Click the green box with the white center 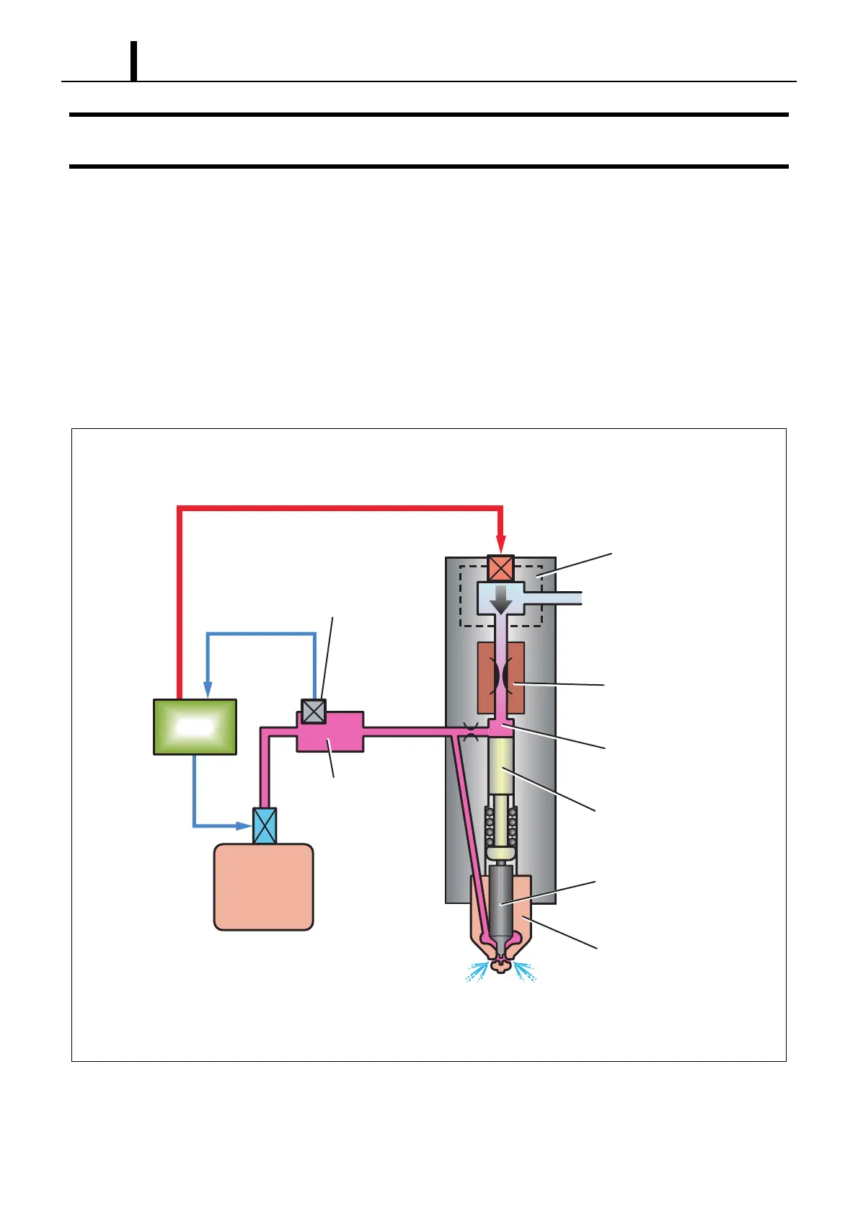click(x=195, y=727)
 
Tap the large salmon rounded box click(x=263, y=887)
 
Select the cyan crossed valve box click(x=265, y=826)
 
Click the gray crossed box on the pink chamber click(x=313, y=712)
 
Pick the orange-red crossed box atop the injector click(x=500, y=568)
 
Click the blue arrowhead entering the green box click(x=208, y=691)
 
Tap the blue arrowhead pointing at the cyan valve click(x=244, y=825)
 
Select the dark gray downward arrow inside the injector click(x=500, y=600)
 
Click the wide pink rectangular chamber click(x=330, y=732)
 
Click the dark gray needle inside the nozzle click(x=500, y=901)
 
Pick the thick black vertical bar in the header click(x=133, y=61)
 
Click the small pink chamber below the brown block click(x=500, y=727)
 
